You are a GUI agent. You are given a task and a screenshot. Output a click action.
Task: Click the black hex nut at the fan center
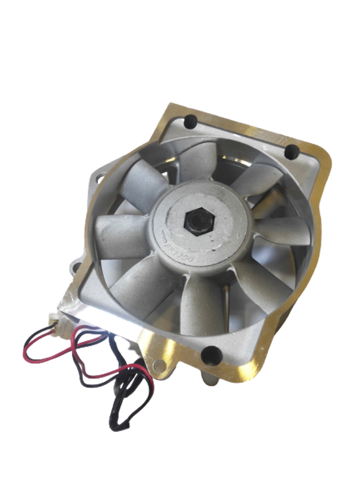pos(193,222)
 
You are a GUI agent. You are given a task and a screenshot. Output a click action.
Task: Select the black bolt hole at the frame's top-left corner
pos(189,123)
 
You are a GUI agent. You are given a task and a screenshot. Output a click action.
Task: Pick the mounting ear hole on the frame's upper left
pos(100,173)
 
